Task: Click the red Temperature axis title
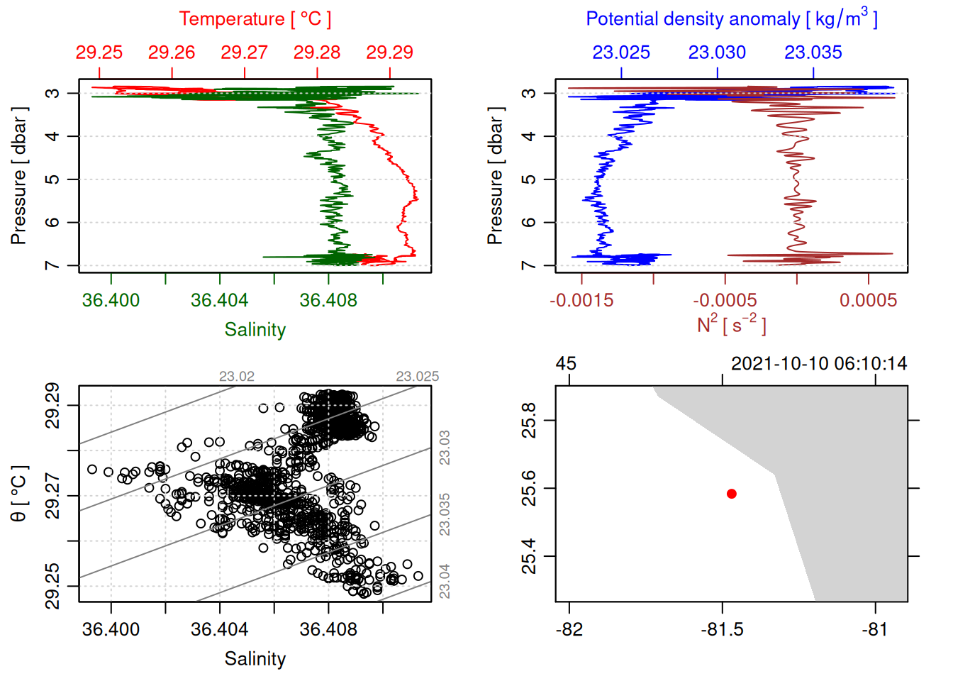pos(255,19)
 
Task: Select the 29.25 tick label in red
pos(99,52)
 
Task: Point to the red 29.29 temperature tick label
pos(389,52)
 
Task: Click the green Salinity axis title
pos(255,330)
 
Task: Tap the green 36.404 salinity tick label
pos(219,301)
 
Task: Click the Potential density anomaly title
pos(731,19)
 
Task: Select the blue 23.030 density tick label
pos(717,52)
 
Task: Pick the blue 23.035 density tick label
pos(813,52)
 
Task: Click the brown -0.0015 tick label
pos(581,301)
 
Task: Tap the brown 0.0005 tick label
pos(868,301)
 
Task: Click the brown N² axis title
pos(731,325)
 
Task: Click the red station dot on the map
pos(732,494)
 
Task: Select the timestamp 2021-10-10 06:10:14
pos(819,364)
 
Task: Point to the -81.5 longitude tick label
pos(722,630)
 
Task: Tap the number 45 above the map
pos(566,364)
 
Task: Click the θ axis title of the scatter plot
pos(19,494)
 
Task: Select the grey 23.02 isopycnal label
pos(236,377)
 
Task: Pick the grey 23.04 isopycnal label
pos(445,581)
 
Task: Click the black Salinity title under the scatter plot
pos(255,659)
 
